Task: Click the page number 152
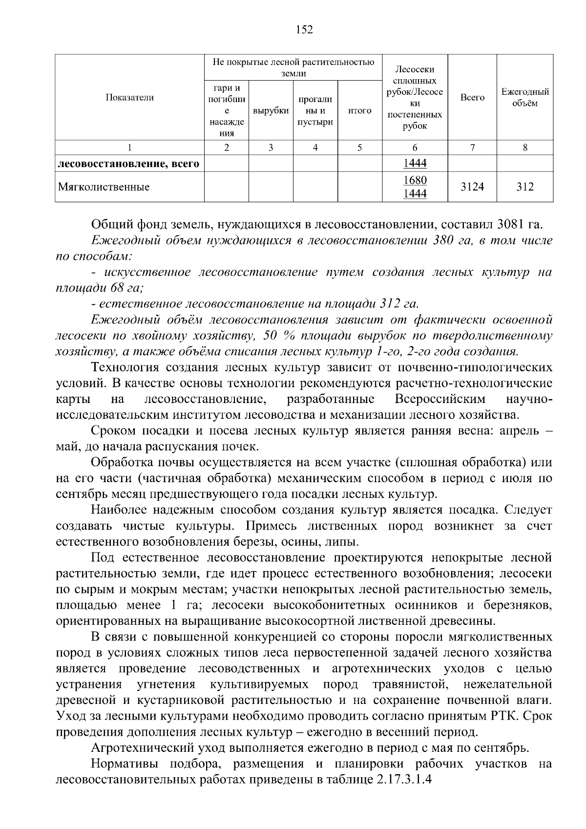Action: (x=304, y=30)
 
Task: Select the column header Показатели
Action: (x=129, y=98)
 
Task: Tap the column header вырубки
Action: (x=271, y=111)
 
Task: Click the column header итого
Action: (x=359, y=111)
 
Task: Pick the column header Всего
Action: (x=472, y=98)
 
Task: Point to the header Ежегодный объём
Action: (x=525, y=98)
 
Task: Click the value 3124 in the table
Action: (x=472, y=187)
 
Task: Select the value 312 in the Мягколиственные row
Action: (x=525, y=187)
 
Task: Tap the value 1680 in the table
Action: (x=415, y=180)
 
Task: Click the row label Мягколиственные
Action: (x=104, y=187)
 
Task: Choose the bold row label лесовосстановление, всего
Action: (x=128, y=164)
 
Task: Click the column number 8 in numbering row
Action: (x=525, y=148)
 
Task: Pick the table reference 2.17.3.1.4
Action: (x=405, y=780)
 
